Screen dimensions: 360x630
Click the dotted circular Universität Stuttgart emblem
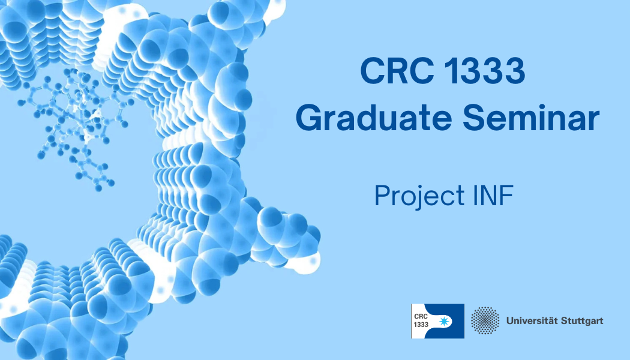click(485, 320)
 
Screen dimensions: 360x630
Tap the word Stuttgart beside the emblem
click(582, 320)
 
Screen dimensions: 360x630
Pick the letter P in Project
click(381, 196)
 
